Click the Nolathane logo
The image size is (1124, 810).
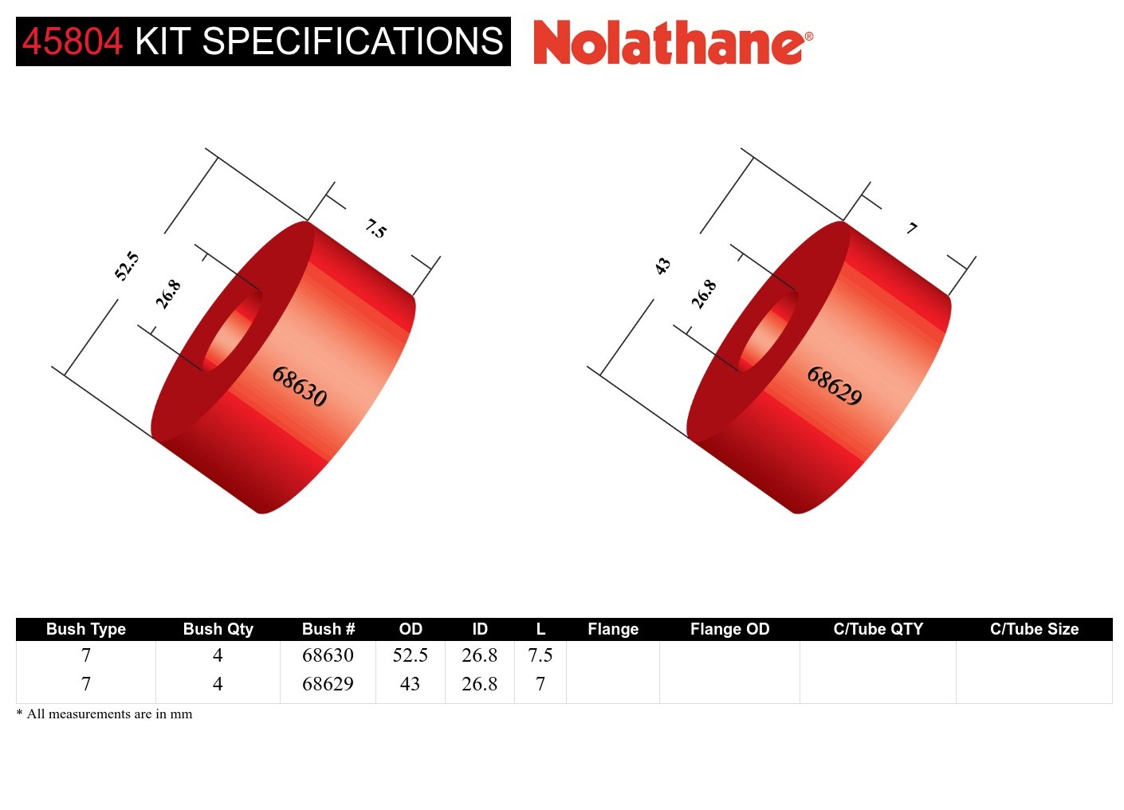coord(672,42)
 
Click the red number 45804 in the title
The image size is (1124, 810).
coord(73,41)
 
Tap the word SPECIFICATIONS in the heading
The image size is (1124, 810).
coord(352,41)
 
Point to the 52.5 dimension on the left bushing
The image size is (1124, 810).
coord(127,265)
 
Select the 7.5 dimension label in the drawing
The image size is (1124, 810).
coord(375,229)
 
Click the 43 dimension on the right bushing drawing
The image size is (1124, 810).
coord(662,265)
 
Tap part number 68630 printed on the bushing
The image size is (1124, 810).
coord(300,386)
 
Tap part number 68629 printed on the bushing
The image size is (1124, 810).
coord(835,386)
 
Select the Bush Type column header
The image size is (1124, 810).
coord(86,629)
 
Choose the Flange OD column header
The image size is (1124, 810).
coord(729,629)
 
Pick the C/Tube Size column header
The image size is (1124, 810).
coord(1034,629)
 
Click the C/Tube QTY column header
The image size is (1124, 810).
coord(878,629)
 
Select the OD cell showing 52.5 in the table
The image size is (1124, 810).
coord(410,655)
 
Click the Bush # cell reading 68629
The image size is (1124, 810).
coord(328,684)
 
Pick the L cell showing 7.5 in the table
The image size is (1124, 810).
coord(540,655)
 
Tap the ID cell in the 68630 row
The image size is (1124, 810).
coord(479,655)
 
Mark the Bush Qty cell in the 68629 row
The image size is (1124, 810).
coord(218,684)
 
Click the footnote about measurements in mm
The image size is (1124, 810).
coord(104,714)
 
